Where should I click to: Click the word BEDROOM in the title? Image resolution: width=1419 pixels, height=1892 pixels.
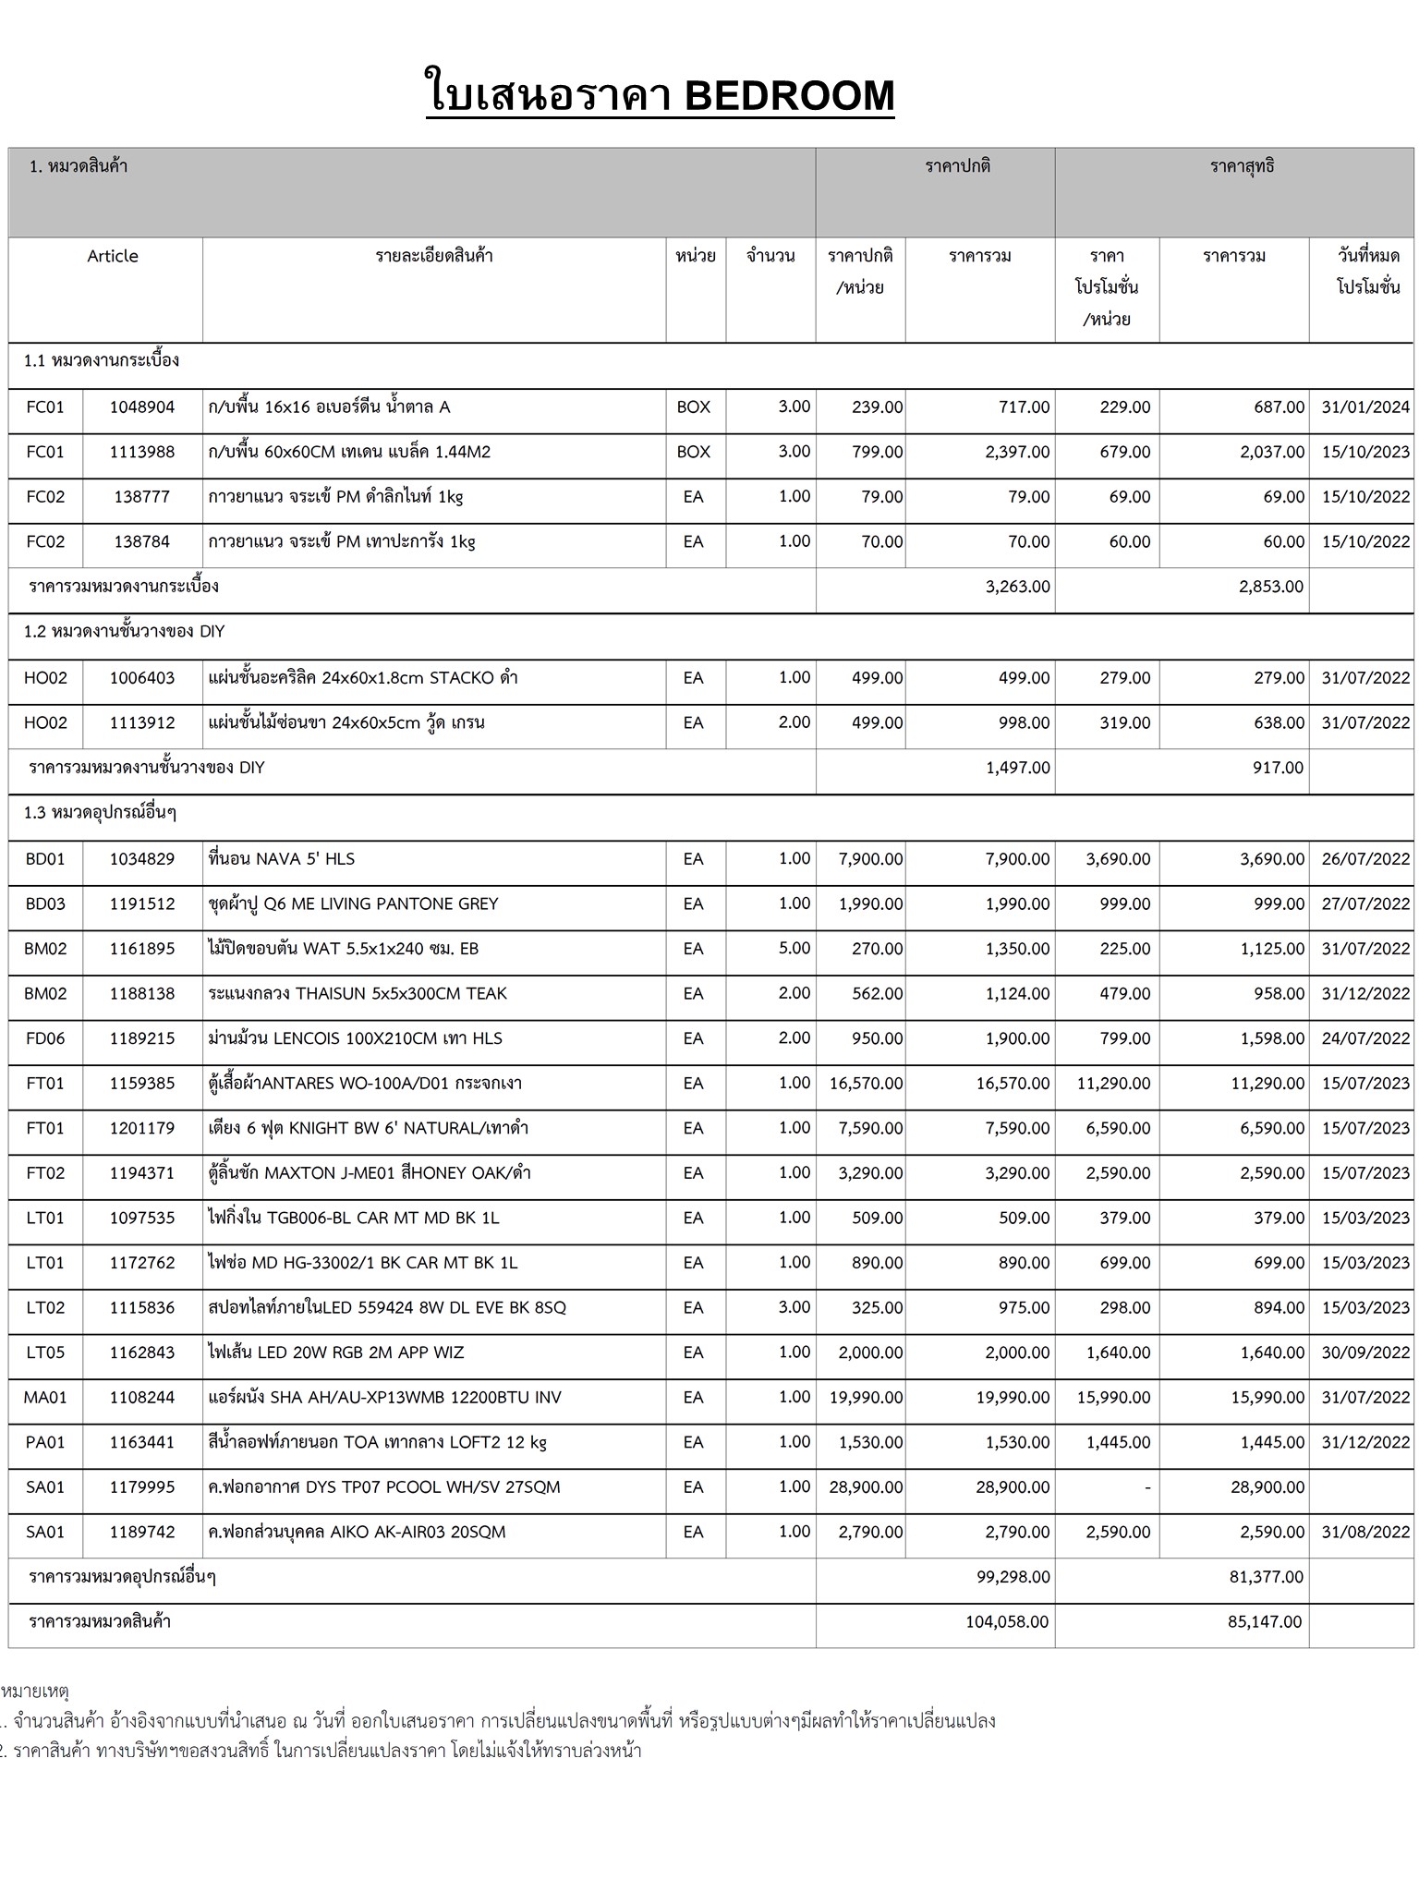click(x=789, y=95)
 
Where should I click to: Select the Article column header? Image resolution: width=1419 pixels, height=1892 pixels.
click(x=113, y=256)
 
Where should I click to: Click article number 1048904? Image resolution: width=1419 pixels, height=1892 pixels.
click(x=142, y=407)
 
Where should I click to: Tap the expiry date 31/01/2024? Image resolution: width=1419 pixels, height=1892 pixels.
click(x=1365, y=407)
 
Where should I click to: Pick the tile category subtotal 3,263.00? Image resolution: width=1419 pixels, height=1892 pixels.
click(x=1017, y=587)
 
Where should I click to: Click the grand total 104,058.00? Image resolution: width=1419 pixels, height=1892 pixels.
click(x=1007, y=1621)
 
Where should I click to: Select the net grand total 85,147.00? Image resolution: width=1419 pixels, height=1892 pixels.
click(x=1265, y=1621)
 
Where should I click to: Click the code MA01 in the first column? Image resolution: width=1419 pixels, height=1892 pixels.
click(x=45, y=1398)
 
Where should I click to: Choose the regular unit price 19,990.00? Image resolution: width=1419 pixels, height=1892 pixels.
click(x=866, y=1398)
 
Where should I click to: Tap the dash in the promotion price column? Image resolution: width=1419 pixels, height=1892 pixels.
click(x=1146, y=1487)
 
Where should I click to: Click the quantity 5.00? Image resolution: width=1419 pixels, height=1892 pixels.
click(x=794, y=949)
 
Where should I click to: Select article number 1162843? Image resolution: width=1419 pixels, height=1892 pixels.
click(x=142, y=1352)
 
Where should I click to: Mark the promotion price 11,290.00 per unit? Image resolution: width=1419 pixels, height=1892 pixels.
click(x=1113, y=1084)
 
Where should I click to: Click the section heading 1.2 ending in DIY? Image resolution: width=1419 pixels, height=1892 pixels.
click(x=125, y=632)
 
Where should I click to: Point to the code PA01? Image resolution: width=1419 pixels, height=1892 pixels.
click(x=45, y=1442)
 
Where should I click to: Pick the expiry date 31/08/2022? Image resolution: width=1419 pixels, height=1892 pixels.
click(x=1365, y=1532)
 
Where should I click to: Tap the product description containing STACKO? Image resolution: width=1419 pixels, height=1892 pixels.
click(x=363, y=678)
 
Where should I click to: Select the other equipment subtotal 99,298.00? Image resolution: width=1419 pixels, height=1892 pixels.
click(x=1013, y=1577)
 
